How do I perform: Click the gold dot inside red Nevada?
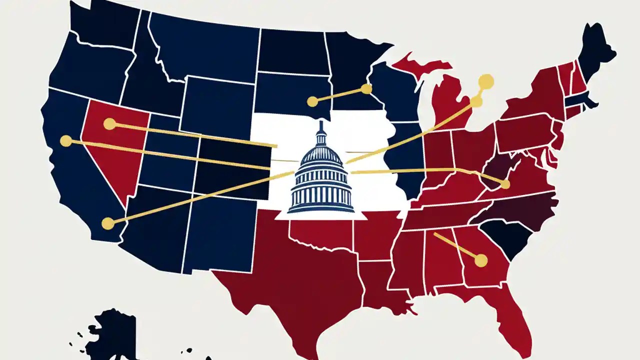pyautogui.click(x=109, y=124)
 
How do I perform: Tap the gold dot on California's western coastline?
pyautogui.click(x=66, y=141)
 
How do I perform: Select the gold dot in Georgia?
pyautogui.click(x=480, y=260)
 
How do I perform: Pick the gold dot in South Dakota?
pyautogui.click(x=312, y=101)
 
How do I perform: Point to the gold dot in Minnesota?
pyautogui.click(x=366, y=89)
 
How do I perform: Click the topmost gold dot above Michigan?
pyautogui.click(x=485, y=81)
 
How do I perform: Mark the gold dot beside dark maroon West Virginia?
pyautogui.click(x=504, y=184)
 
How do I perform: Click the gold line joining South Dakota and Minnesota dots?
pyautogui.click(x=339, y=95)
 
